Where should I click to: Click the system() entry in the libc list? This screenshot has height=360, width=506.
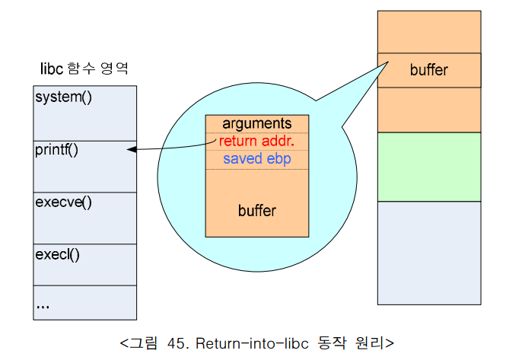63,98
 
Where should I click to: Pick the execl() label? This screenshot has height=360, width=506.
57,253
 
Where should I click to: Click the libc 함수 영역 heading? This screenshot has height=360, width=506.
84,68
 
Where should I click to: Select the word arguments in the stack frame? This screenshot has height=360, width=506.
257,123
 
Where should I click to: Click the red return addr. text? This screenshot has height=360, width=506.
257,141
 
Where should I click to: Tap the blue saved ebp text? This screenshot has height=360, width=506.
257,159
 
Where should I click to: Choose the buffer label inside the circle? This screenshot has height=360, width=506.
257,210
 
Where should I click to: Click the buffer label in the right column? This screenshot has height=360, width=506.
429,70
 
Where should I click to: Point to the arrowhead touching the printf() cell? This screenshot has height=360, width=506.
131,150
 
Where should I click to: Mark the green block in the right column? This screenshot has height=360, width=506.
429,167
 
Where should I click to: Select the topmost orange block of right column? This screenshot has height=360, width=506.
429,32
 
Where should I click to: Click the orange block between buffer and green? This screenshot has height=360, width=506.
429,110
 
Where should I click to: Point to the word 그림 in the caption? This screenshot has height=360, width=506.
142,342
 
